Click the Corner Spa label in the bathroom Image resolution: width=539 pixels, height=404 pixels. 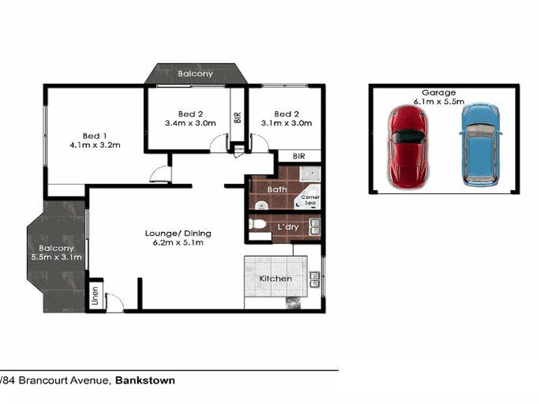coord(310,200)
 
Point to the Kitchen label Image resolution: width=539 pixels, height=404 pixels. coord(275,278)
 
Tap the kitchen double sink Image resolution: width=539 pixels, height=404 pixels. coord(315,279)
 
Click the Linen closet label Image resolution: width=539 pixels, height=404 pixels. coord(95,296)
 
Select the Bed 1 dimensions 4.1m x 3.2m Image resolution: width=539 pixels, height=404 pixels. coord(95,145)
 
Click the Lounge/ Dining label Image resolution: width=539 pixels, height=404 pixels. coord(178,233)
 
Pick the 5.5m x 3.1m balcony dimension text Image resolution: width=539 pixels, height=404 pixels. coord(56,257)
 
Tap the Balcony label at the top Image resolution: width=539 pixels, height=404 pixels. coord(195,74)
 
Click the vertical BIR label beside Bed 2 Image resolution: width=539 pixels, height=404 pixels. coord(238,117)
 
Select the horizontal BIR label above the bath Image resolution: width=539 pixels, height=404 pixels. coord(299,156)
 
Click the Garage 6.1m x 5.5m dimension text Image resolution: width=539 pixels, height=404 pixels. coord(439,101)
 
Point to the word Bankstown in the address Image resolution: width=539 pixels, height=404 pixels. coord(145,380)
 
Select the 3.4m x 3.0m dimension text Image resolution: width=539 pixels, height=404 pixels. coord(190,123)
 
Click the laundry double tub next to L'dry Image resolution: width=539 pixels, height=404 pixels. coord(315,227)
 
